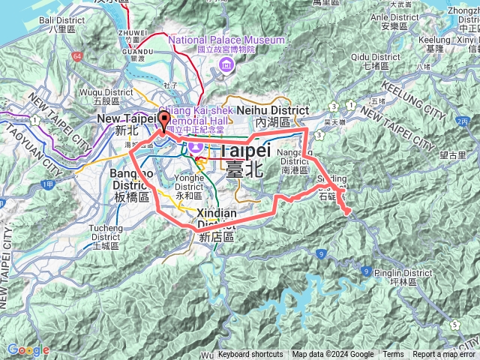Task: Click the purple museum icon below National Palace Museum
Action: (x=226, y=67)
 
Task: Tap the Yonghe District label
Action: (x=189, y=183)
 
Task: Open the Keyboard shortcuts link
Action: (x=250, y=355)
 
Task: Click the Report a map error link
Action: (x=444, y=355)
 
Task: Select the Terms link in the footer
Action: (x=393, y=355)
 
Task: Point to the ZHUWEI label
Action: (x=133, y=33)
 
